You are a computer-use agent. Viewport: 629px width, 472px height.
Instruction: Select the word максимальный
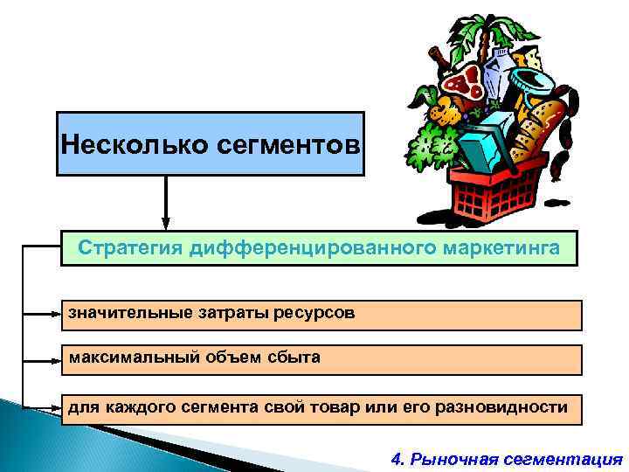(127, 357)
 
